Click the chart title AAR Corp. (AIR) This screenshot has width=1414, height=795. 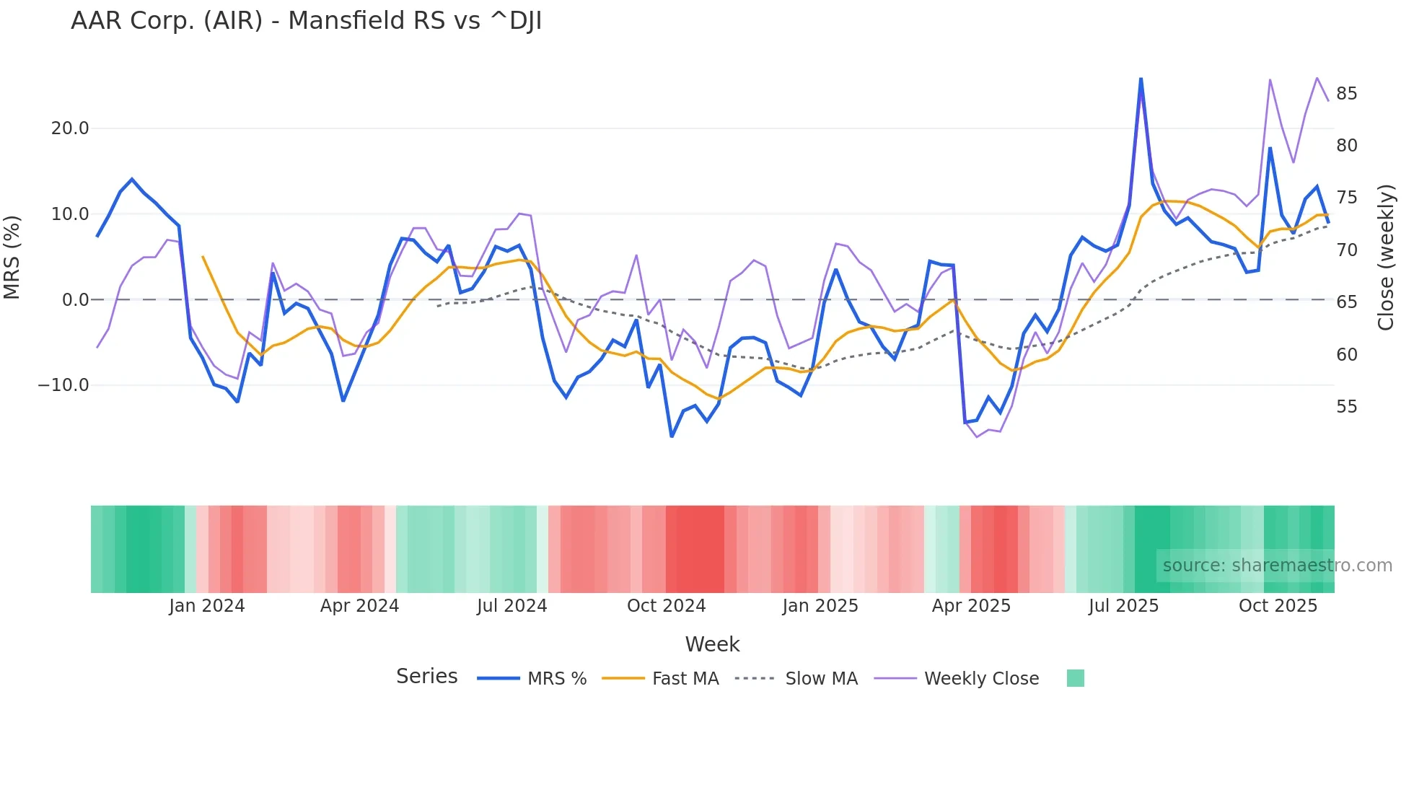[x=306, y=21]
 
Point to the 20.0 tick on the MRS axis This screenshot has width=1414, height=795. [x=70, y=128]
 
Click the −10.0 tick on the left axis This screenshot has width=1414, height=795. [x=63, y=385]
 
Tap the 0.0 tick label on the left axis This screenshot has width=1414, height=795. [x=76, y=300]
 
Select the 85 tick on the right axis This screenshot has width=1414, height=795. [x=1346, y=94]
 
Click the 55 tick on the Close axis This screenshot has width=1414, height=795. [x=1346, y=407]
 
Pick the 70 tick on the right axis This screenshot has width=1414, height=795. [x=1346, y=250]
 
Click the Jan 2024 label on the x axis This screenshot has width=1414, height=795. [x=207, y=606]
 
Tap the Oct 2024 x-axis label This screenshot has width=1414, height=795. [x=666, y=606]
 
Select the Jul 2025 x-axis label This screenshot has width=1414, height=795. [x=1123, y=606]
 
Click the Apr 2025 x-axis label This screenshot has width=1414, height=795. [x=971, y=606]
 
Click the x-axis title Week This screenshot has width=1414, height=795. [x=712, y=644]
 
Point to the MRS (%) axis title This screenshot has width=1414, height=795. [x=12, y=258]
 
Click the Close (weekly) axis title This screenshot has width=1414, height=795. [x=1386, y=258]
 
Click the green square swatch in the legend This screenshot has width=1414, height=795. [x=1075, y=678]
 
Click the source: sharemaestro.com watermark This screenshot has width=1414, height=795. [x=1277, y=566]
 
